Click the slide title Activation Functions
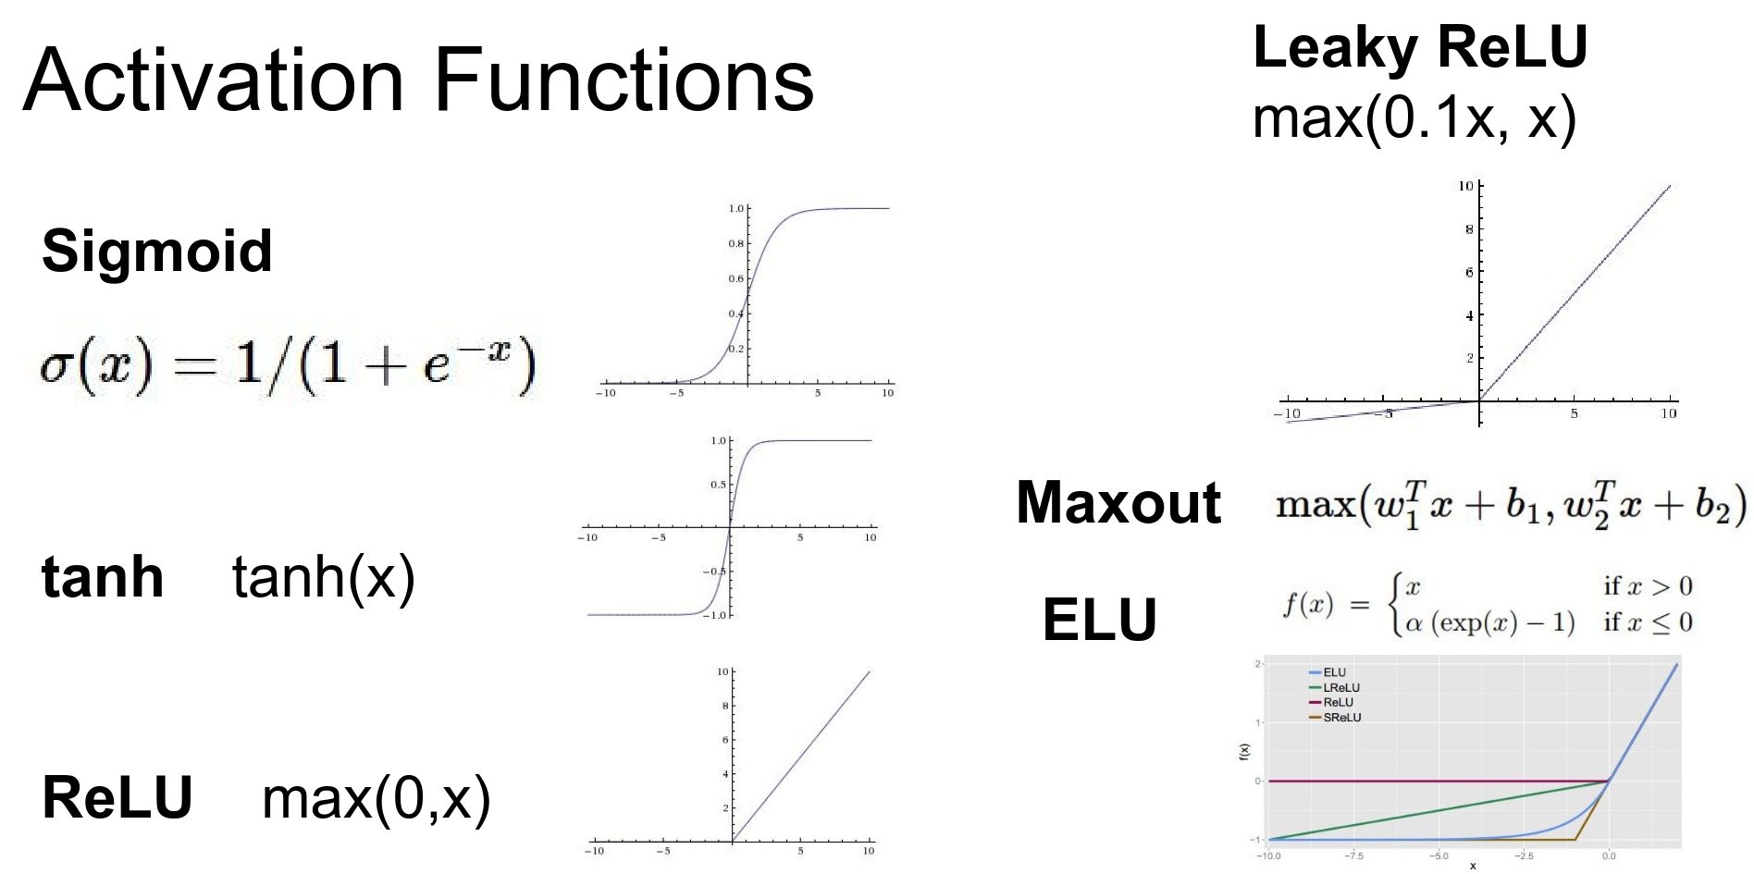tap(418, 81)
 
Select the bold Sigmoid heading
tap(157, 251)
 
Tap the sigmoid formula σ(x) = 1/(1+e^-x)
tap(288, 365)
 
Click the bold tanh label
tap(103, 577)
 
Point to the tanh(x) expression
tap(323, 577)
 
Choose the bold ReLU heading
tap(117, 797)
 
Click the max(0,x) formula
tap(376, 798)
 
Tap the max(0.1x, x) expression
tap(1414, 118)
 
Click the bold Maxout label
tap(1118, 502)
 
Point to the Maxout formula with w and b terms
tap(1510, 504)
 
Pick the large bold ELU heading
tap(1100, 619)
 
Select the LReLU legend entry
tap(1340, 687)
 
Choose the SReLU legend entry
tap(1341, 717)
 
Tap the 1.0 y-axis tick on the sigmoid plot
tap(735, 209)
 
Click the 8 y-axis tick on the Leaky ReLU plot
tap(1468, 229)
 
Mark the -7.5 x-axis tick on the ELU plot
tap(1353, 856)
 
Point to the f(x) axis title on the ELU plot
tap(1243, 752)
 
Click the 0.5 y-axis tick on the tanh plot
tap(718, 485)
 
